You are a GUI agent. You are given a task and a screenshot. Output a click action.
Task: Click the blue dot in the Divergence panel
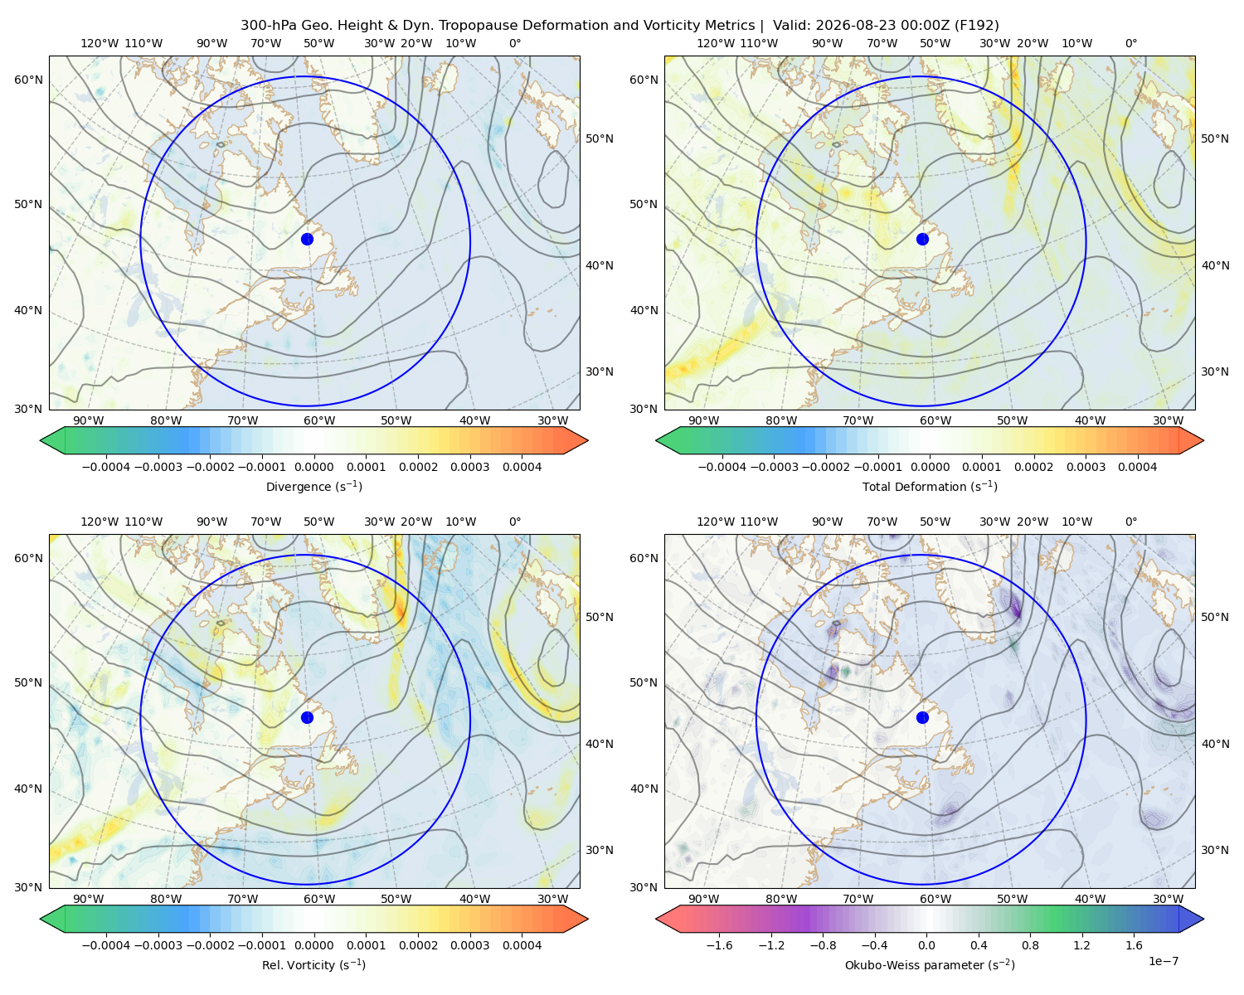click(x=307, y=239)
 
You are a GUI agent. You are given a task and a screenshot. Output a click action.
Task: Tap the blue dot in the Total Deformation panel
click(x=922, y=239)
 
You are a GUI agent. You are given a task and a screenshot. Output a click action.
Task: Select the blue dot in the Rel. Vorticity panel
click(x=307, y=717)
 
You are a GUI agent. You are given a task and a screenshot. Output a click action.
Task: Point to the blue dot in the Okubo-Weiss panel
click(x=922, y=717)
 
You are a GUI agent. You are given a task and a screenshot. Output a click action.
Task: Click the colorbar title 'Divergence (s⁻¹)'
click(x=313, y=486)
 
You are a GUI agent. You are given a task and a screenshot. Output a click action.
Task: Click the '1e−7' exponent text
click(x=1163, y=961)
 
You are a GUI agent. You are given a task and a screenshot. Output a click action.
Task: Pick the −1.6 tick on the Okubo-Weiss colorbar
click(x=719, y=945)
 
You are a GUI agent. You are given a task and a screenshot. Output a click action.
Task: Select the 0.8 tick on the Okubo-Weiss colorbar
click(x=1030, y=945)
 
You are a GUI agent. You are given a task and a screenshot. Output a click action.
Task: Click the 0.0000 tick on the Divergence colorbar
click(x=313, y=467)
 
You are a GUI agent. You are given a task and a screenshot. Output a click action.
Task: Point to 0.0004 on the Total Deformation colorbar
click(x=1137, y=467)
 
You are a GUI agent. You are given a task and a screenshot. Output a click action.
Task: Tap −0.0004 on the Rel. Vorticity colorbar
click(x=106, y=945)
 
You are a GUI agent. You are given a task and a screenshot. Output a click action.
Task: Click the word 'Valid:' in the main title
click(x=792, y=26)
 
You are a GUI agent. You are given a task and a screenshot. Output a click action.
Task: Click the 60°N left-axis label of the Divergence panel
click(x=28, y=80)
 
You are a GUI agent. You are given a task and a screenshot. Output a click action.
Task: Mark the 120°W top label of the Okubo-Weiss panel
click(x=716, y=522)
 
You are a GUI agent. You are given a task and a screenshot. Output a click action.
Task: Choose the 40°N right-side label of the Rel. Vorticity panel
click(x=600, y=744)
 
